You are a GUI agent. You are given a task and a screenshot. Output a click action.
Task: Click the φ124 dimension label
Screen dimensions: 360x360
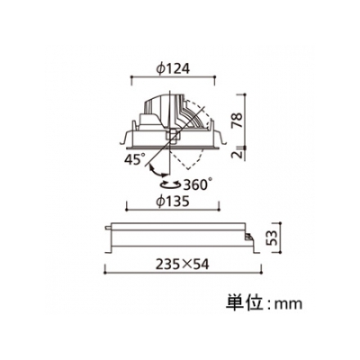click(173, 69)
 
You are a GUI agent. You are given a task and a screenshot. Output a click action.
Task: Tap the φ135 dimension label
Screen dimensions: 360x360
click(173, 202)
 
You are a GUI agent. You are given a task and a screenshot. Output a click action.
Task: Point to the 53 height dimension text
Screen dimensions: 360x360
click(272, 238)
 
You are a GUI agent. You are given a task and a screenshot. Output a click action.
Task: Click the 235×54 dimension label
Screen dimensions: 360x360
click(182, 265)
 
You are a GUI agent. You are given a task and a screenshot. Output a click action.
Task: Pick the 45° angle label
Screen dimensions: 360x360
click(135, 159)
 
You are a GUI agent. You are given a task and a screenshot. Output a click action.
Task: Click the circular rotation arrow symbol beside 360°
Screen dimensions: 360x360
click(170, 184)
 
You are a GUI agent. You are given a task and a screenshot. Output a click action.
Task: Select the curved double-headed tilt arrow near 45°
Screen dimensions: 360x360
click(156, 172)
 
